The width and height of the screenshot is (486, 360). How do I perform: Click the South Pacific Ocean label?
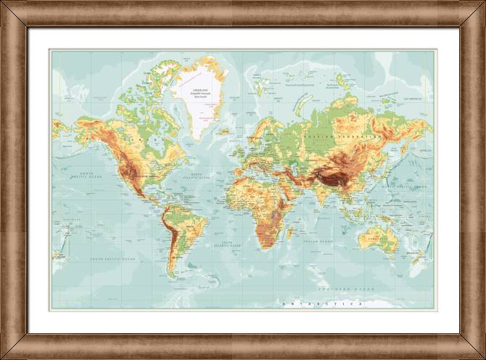coord(112,258)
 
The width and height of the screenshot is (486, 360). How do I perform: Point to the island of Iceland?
coord(225,131)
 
